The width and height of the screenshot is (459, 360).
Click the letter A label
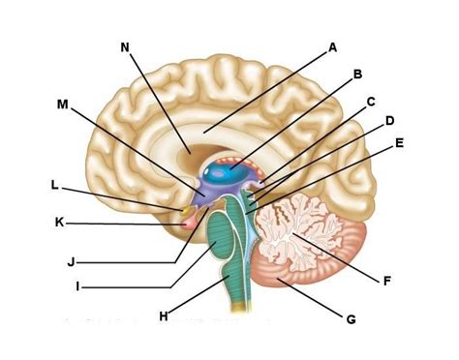pos(332,45)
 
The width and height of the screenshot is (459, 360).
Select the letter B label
pos(357,74)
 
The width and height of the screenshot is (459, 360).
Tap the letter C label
pos(371,101)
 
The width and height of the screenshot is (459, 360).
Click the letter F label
pos(386,281)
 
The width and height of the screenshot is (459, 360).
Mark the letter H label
pos(164,315)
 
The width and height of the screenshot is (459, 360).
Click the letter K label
pos(59,222)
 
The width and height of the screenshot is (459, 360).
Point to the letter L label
pos(55,184)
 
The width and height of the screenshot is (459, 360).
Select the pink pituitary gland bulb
pos(183,224)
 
